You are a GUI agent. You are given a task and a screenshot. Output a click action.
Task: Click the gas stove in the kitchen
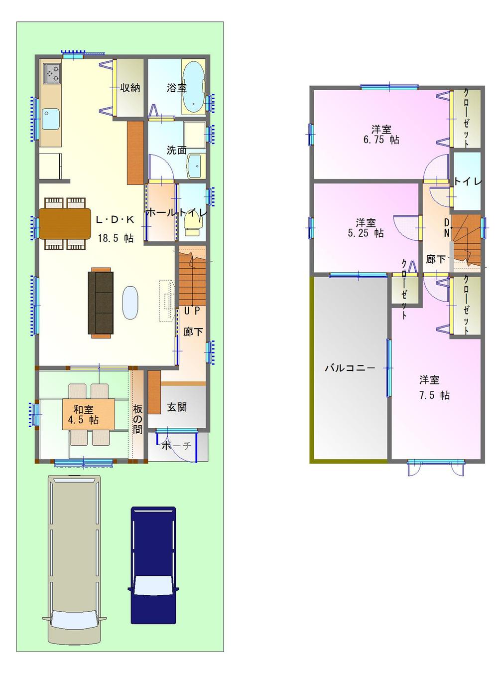click(x=52, y=74)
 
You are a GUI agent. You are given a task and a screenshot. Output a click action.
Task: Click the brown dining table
click(x=65, y=223)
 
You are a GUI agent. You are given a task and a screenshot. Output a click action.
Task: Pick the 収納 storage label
click(x=130, y=88)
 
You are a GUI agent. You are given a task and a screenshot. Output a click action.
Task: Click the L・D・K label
click(x=115, y=219)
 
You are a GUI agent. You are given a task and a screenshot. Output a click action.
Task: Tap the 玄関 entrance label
click(x=176, y=407)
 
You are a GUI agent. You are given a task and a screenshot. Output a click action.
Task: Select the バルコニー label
click(x=350, y=368)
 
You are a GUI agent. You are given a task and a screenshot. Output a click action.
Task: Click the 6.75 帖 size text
click(x=381, y=140)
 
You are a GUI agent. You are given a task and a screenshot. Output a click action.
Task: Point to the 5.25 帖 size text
click(x=366, y=233)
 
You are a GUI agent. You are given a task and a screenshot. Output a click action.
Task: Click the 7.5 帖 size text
click(x=434, y=395)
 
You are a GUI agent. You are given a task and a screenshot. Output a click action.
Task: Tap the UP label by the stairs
click(x=192, y=311)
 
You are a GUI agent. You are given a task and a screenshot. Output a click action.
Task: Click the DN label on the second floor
click(x=447, y=227)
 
